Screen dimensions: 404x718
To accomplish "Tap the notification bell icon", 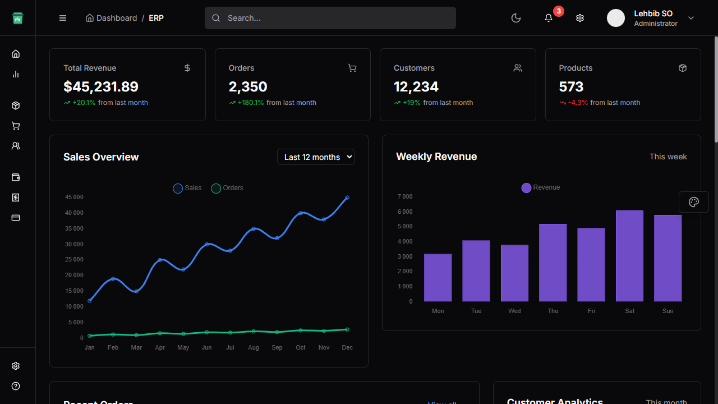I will [x=549, y=18].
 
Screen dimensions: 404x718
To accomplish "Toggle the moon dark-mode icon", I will [x=516, y=18].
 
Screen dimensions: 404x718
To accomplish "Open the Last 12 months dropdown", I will [x=316, y=157].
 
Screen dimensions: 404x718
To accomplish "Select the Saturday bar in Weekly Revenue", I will [x=629, y=256].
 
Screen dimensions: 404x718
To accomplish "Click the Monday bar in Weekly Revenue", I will [x=438, y=278].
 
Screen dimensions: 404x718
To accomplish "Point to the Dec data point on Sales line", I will [x=347, y=198].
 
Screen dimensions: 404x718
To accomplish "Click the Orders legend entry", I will [x=227, y=189].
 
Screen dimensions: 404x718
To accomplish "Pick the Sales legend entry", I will [x=187, y=189].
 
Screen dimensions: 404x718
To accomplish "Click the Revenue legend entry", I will [x=541, y=188].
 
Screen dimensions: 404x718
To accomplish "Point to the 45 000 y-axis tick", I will [x=74, y=198].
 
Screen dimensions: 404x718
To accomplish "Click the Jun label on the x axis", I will [x=206, y=348].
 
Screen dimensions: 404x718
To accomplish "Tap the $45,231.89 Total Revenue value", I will [x=101, y=87].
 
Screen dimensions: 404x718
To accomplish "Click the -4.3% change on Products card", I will [x=578, y=103].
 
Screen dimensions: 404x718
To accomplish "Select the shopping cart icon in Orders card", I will [x=352, y=68].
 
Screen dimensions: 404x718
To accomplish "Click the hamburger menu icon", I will [x=63, y=18].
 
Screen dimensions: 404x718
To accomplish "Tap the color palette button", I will [x=694, y=202].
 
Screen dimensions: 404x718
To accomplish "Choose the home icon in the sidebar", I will [x=16, y=54].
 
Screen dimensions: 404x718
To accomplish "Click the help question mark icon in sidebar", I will [x=16, y=386].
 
